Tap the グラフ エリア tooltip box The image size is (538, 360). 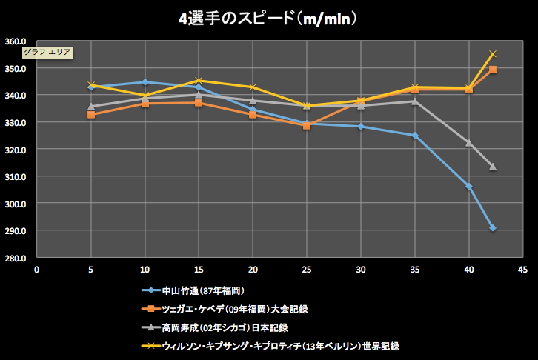[47, 52]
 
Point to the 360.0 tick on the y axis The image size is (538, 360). [16, 41]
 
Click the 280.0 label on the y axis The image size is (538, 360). [16, 258]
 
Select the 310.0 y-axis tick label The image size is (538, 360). [16, 177]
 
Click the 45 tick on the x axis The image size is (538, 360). [523, 270]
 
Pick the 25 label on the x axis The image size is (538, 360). [307, 270]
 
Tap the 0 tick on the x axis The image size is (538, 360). [36, 270]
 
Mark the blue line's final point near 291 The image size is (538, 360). [492, 228]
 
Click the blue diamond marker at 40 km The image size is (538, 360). [469, 187]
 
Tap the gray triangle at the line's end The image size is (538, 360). [492, 167]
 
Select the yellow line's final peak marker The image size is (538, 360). [493, 54]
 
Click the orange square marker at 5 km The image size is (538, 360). [91, 115]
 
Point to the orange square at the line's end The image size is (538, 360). [493, 70]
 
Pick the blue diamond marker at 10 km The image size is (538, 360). [145, 82]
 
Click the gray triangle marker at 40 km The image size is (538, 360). [469, 143]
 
